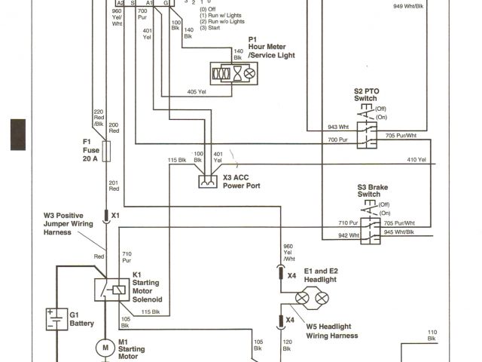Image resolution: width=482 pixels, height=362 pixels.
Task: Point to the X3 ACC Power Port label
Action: (x=241, y=182)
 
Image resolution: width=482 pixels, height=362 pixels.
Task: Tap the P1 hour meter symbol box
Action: (x=235, y=73)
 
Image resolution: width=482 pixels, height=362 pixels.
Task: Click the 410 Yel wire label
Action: (x=416, y=160)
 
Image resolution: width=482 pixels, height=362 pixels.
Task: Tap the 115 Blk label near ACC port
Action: (x=177, y=160)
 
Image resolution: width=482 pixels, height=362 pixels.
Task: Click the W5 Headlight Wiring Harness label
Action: (x=332, y=330)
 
